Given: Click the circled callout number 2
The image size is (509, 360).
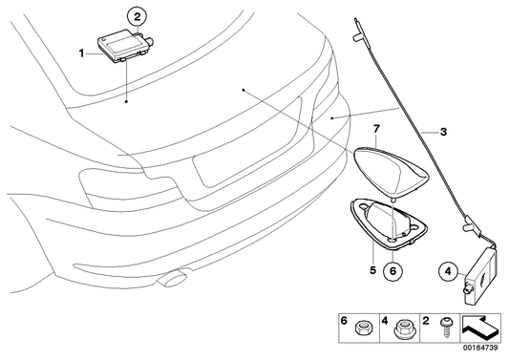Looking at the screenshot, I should pos(137,15).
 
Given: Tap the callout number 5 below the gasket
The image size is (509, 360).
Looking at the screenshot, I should pos(374,269).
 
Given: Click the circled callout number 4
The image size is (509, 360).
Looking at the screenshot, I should pos(449,270).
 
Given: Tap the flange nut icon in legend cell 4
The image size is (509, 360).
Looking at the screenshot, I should pos(403,330).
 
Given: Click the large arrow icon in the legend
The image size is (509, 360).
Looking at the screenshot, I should pos(481,329).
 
